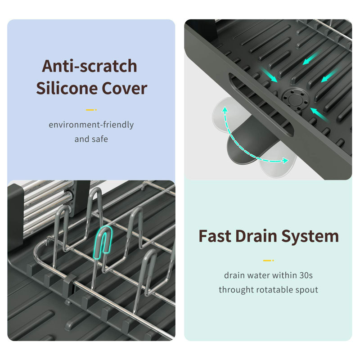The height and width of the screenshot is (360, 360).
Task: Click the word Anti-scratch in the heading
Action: (90, 66)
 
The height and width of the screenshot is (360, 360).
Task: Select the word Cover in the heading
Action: (125, 89)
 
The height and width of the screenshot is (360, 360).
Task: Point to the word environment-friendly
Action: (91, 125)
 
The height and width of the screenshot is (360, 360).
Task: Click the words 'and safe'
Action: (91, 139)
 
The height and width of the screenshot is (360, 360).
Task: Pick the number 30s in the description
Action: (306, 275)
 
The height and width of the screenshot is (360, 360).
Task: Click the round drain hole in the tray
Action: (295, 99)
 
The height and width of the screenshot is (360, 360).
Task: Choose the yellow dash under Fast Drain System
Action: (268, 261)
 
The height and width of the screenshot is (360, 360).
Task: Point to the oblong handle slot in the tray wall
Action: (261, 104)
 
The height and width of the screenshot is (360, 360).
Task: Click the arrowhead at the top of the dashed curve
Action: (225, 109)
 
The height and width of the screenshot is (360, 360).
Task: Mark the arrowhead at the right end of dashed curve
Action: (285, 161)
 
